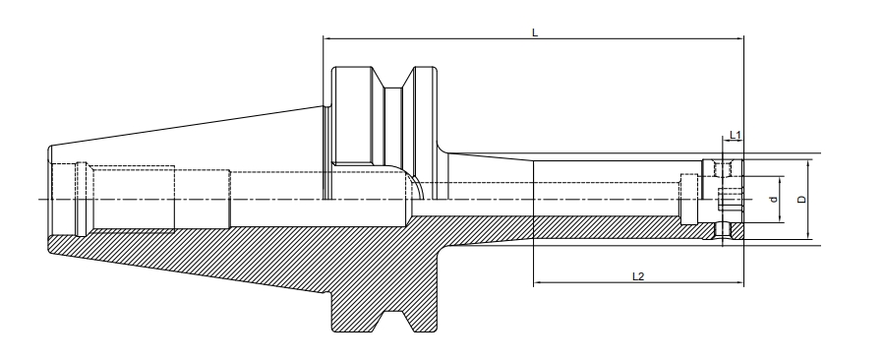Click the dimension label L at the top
tap(534, 32)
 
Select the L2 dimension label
tap(637, 276)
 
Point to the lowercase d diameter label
tap(773, 200)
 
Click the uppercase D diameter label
tap(801, 200)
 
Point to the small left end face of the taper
tap(46, 200)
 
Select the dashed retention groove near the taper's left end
tap(84, 200)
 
